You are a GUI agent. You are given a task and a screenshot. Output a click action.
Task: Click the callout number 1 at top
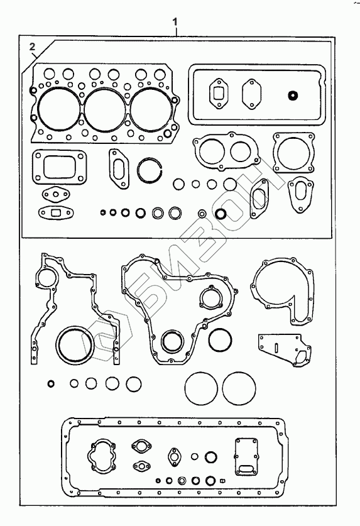point(175,22)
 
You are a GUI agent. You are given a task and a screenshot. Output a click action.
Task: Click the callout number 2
point(32,47)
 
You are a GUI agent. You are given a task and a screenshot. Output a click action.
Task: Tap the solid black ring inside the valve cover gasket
point(293,96)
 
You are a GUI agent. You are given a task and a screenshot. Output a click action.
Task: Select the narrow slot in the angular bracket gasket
point(275,347)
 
